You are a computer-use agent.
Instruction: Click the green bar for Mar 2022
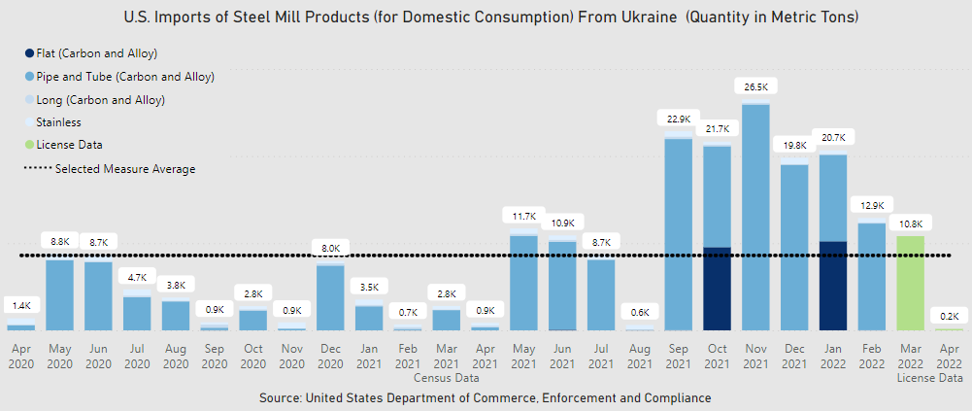(x=910, y=283)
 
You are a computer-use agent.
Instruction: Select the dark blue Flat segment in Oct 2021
(x=717, y=289)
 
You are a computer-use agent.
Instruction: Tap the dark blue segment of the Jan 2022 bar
(x=833, y=286)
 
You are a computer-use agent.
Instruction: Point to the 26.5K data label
(x=755, y=86)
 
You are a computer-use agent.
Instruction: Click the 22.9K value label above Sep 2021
(x=679, y=119)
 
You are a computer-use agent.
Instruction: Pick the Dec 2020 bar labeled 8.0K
(x=331, y=297)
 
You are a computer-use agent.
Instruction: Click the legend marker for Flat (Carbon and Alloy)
(x=29, y=52)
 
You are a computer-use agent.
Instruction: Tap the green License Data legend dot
(x=29, y=145)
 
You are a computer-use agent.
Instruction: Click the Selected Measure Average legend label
(x=125, y=169)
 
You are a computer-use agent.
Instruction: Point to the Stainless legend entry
(x=58, y=122)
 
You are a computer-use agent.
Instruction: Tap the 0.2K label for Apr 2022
(x=949, y=316)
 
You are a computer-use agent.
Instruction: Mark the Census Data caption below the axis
(x=446, y=377)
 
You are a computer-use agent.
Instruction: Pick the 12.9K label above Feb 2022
(x=871, y=205)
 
